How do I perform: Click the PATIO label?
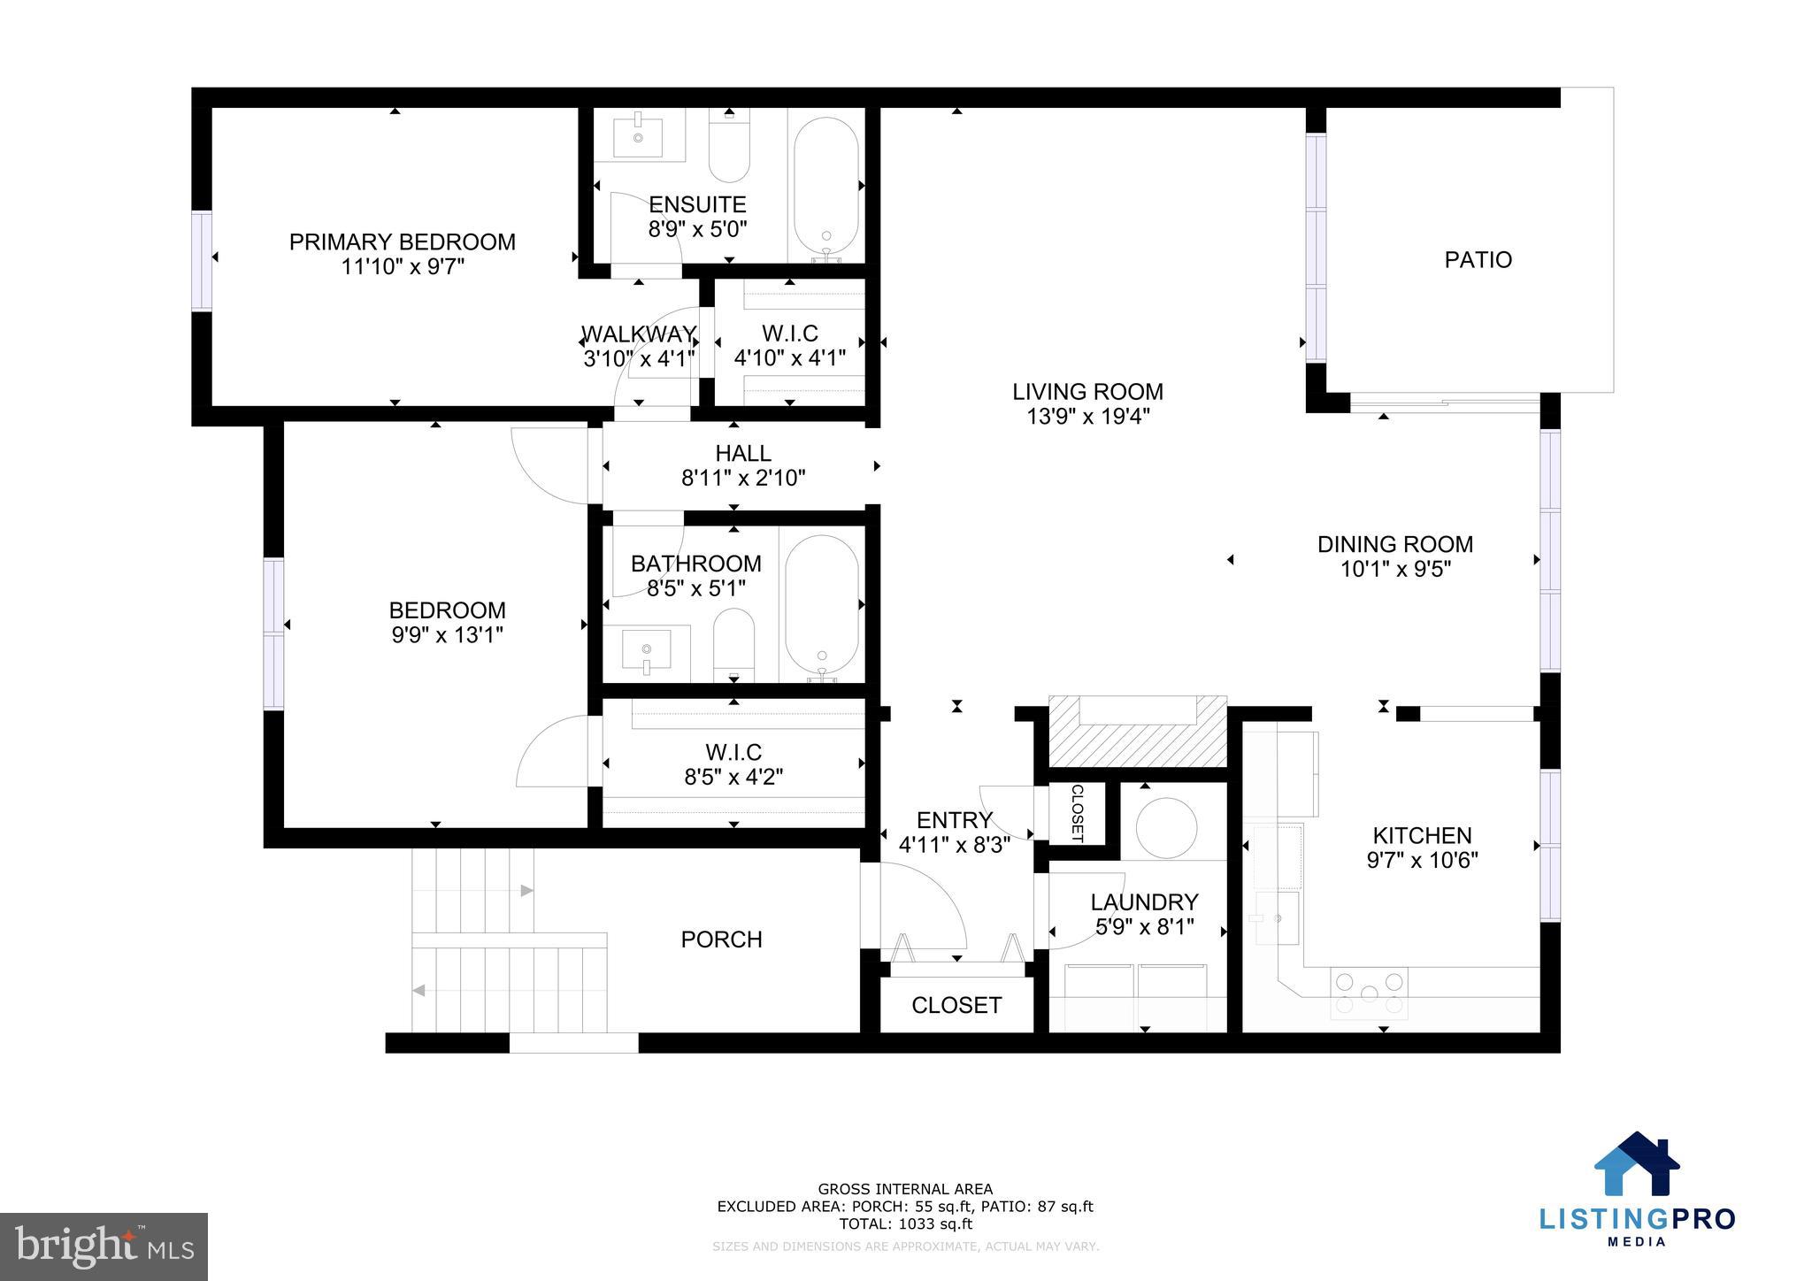point(1478,260)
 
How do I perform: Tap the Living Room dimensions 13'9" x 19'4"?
point(1087,417)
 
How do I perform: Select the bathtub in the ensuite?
point(825,188)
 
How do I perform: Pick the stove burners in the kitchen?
point(1369,993)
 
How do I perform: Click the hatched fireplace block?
point(1137,732)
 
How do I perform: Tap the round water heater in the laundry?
point(1166,828)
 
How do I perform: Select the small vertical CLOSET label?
point(1077,813)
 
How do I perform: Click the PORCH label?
point(721,940)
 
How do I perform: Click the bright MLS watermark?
point(104,1246)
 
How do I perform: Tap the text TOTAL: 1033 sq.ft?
point(905,1224)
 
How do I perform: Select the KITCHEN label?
point(1422,835)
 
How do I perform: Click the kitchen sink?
point(1274,918)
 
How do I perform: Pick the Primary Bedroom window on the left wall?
point(203,261)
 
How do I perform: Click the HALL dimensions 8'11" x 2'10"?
point(742,479)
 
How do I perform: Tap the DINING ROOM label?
point(1394,544)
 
